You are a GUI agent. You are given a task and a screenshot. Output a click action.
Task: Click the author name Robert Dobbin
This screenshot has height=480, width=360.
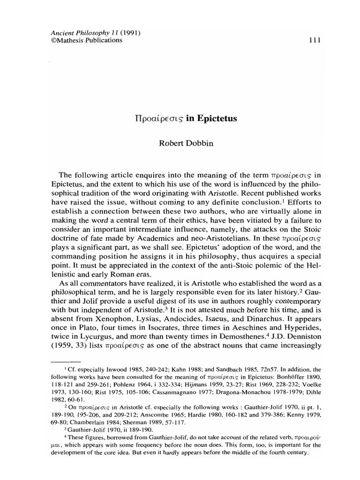click(x=180, y=143)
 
